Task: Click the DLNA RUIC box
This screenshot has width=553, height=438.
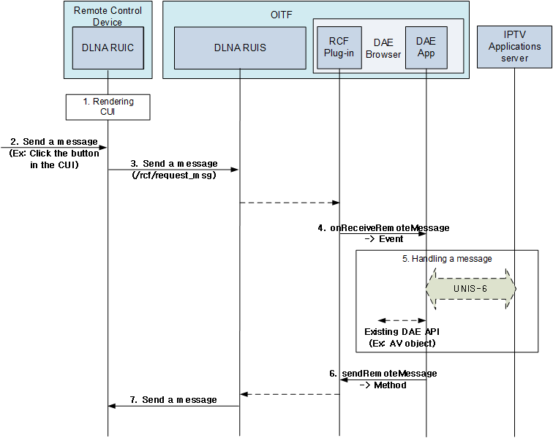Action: click(x=108, y=48)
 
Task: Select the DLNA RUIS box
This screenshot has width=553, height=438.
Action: click(x=240, y=48)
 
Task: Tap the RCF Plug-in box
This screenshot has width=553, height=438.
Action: click(x=339, y=48)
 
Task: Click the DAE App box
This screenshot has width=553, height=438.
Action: click(x=426, y=48)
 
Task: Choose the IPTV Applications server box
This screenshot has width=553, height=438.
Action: click(x=515, y=46)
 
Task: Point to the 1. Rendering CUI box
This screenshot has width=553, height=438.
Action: click(x=108, y=107)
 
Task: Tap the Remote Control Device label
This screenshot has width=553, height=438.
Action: click(x=108, y=16)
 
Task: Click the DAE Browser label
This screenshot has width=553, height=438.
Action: click(x=383, y=48)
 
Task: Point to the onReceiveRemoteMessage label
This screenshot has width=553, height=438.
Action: click(x=389, y=227)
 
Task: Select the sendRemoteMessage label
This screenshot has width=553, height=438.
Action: click(x=388, y=374)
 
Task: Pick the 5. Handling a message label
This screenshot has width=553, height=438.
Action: click(x=447, y=259)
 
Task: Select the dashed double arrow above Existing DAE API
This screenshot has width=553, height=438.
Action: click(x=401, y=320)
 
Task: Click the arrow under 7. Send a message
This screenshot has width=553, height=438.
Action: click(x=174, y=407)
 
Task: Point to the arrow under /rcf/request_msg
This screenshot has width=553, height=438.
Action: click(x=174, y=170)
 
